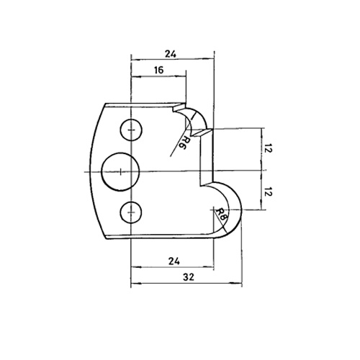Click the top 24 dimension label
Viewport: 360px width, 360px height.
coord(171,54)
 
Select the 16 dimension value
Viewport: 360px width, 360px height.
coord(158,70)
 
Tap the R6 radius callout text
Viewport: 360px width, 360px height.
coord(183,143)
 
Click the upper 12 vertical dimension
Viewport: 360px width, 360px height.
coord(268,150)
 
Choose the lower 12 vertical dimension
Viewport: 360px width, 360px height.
coord(268,192)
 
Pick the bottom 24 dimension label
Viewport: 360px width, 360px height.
coord(174,261)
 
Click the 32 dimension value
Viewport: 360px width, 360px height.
coord(189,277)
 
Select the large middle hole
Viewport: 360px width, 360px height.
coord(120,172)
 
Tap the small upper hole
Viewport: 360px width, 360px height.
coord(131,130)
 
